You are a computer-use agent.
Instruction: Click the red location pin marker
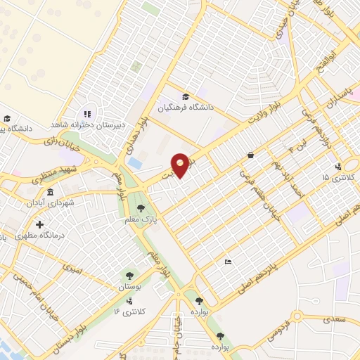click(x=180, y=164)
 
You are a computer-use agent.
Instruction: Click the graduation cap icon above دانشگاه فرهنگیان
click(x=185, y=96)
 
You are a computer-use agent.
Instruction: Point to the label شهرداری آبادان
click(x=57, y=205)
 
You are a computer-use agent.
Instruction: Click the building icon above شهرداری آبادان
click(x=49, y=193)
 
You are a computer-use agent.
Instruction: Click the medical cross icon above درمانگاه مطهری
click(x=39, y=225)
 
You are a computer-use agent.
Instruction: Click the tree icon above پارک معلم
click(x=142, y=207)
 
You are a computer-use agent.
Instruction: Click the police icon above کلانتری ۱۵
click(x=338, y=167)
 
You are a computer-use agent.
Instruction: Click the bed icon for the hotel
click(x=228, y=262)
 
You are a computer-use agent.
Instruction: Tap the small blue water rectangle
click(x=136, y=162)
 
